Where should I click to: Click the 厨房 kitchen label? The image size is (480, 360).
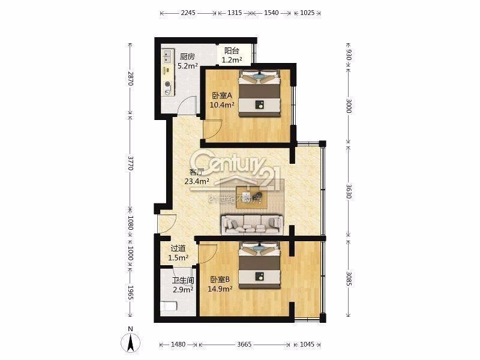coord(187,56)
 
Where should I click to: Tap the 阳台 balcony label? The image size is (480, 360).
coord(232,51)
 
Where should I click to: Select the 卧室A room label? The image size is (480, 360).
coord(222,96)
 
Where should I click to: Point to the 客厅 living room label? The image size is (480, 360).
coord(197,172)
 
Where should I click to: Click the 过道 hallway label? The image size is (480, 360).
coord(178,248)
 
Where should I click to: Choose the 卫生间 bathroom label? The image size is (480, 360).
coord(183,280)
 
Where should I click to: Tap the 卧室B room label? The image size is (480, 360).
coord(220,280)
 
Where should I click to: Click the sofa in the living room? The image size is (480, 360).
coord(252,224)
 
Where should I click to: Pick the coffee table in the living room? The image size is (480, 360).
coord(252,197)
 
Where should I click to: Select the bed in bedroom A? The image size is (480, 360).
coord(260,93)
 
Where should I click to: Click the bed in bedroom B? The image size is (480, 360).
coord(260,265)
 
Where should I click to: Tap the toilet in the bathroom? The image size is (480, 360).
coord(169,306)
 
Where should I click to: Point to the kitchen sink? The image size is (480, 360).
coord(167,56)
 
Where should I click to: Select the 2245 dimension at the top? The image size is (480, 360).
coord(188,13)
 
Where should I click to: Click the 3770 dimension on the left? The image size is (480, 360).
coord(130,163)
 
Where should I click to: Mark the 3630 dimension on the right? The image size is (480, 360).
coord(349,191)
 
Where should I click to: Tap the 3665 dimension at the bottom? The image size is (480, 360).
coord(244,344)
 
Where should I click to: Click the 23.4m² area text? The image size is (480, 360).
coord(197,181)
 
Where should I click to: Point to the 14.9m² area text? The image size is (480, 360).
coord(220,289)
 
